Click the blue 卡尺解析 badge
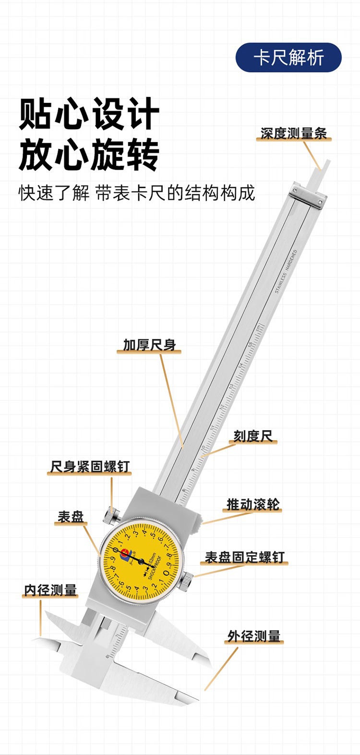[x=288, y=58]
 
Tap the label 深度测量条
[x=293, y=133]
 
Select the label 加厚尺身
[x=149, y=345]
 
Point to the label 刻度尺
[x=253, y=436]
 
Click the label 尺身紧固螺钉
[x=90, y=466]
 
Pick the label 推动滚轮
[x=253, y=504]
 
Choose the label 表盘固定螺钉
[x=245, y=557]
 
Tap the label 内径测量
[x=50, y=590]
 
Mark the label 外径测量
[x=254, y=636]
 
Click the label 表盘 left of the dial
[x=71, y=517]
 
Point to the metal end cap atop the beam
[x=307, y=195]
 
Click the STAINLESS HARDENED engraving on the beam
[x=286, y=272]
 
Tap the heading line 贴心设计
[x=89, y=114]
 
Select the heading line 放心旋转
[x=89, y=155]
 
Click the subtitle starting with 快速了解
[x=137, y=193]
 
